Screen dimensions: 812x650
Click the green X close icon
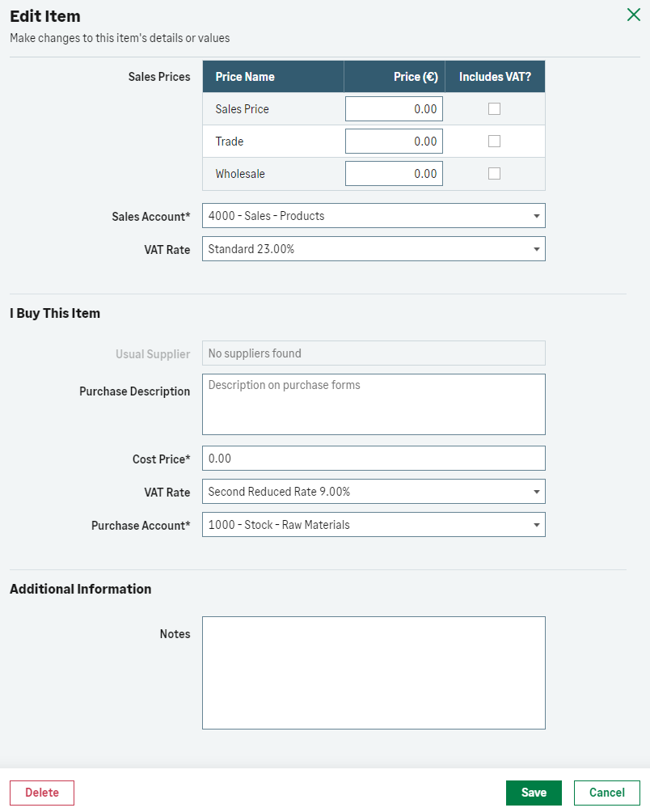(x=634, y=15)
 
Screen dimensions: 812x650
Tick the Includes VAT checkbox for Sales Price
(x=494, y=109)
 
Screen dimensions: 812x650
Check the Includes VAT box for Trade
(x=494, y=142)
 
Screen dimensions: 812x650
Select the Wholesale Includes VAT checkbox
(x=494, y=174)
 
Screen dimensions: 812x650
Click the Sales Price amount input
(x=394, y=109)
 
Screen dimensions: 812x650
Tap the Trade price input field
(x=394, y=142)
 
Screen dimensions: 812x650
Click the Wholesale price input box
(x=394, y=174)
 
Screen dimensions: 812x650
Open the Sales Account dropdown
(x=374, y=216)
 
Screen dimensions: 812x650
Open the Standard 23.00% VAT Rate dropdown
(x=374, y=249)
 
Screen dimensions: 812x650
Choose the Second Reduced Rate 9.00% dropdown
(x=374, y=492)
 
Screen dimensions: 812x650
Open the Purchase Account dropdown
(x=374, y=525)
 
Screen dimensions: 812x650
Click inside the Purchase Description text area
(x=374, y=404)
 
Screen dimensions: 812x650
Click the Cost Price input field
(x=374, y=459)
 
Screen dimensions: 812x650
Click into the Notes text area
(x=374, y=673)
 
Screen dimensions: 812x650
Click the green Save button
(x=534, y=793)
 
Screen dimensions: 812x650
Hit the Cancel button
(x=606, y=793)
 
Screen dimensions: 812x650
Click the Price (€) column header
(x=416, y=77)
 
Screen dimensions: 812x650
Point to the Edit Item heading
(x=45, y=16)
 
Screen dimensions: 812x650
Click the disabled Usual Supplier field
(x=374, y=353)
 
